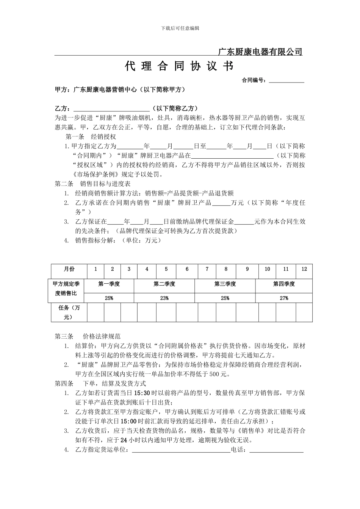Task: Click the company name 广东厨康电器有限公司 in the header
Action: click(261, 52)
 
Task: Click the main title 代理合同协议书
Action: click(179, 67)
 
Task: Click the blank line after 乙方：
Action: click(111, 109)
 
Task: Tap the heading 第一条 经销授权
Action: click(91, 137)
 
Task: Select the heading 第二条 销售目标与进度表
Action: click(92, 184)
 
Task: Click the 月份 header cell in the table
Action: click(69, 269)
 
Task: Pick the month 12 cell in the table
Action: click(304, 269)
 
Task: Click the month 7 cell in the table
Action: click(207, 269)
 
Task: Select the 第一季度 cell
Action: click(109, 284)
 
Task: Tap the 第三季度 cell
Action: click(225, 284)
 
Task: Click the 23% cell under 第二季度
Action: click(164, 298)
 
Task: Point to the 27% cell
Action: click(284, 298)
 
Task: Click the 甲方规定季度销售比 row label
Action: click(66, 289)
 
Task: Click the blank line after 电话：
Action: click(276, 450)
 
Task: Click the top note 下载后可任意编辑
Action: click(180, 28)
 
